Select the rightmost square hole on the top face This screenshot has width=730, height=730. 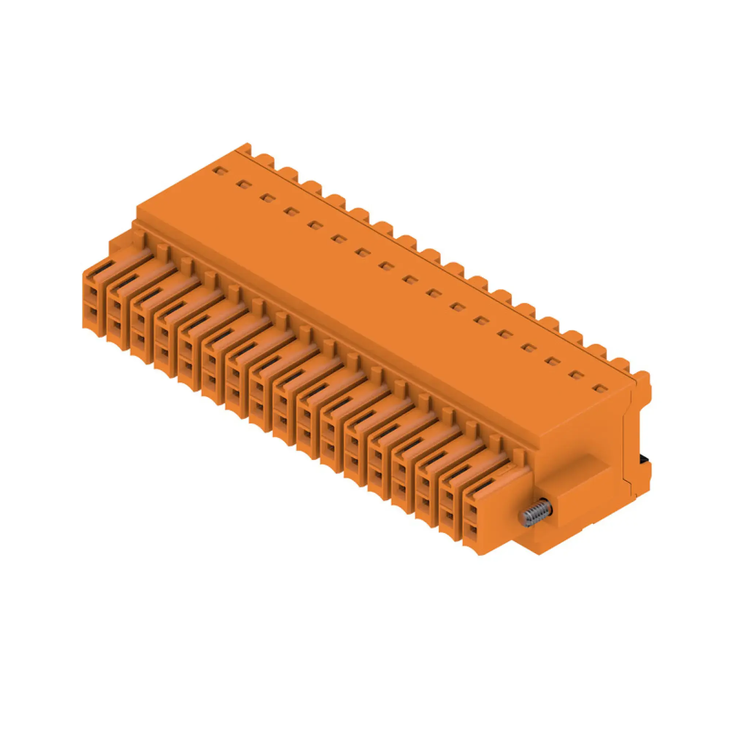pos(599,388)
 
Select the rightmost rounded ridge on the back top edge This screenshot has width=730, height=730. pos(642,378)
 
